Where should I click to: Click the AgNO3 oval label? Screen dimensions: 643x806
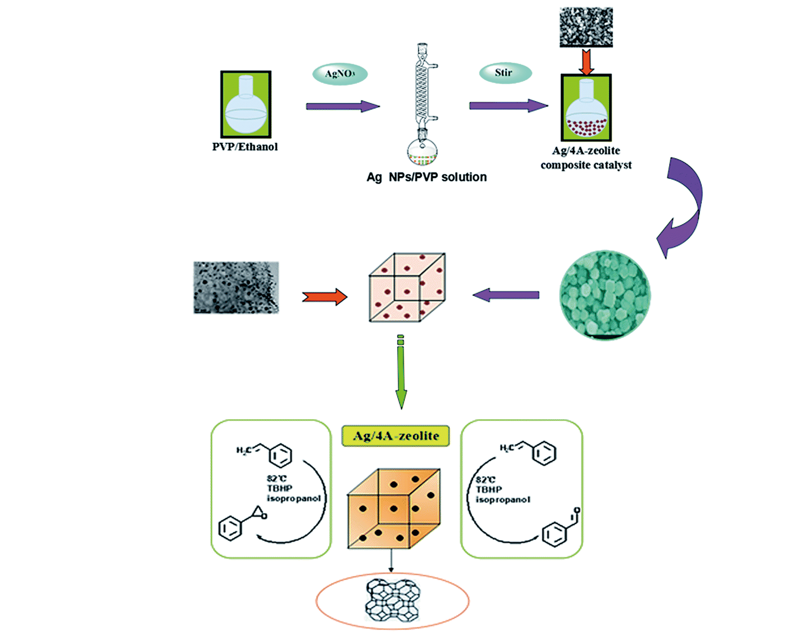(x=339, y=74)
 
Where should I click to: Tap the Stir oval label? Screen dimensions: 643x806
(x=505, y=73)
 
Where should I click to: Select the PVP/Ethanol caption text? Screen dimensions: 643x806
(x=245, y=147)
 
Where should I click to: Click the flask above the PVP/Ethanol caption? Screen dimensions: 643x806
(x=246, y=104)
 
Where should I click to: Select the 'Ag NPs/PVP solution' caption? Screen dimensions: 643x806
(x=427, y=177)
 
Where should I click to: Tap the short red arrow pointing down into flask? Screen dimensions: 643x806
(x=586, y=62)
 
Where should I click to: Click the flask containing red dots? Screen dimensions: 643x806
(x=586, y=108)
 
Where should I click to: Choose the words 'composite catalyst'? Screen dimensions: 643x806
(x=586, y=165)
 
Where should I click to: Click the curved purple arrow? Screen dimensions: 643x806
(x=682, y=206)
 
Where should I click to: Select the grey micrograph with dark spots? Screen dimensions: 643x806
(x=236, y=287)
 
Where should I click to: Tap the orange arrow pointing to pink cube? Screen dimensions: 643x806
(x=324, y=297)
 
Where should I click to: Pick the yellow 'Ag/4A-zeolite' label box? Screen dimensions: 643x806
(x=396, y=436)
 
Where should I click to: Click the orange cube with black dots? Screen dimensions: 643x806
(x=393, y=509)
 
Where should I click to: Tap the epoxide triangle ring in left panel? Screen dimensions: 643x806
(x=259, y=512)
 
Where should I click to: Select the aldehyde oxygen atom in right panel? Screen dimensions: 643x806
(x=577, y=510)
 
